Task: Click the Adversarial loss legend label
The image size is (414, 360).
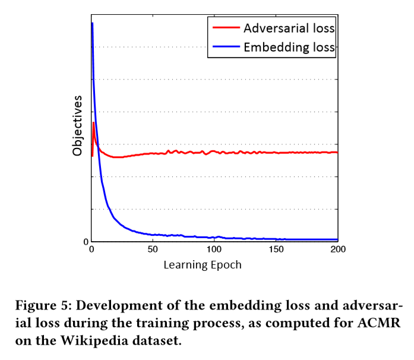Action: point(289,28)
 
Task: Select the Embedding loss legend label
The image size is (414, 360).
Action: point(289,48)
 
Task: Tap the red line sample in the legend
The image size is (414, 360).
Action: point(225,28)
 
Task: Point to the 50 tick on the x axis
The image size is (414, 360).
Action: point(153,250)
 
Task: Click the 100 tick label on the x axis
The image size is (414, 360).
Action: point(214,250)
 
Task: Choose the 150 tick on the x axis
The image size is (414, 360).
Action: point(276,250)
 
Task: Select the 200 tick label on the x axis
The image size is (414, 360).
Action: point(337,250)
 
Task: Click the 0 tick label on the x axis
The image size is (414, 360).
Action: point(91,250)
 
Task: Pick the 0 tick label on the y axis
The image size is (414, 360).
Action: point(86,242)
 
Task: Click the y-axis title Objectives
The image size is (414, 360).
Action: point(77,125)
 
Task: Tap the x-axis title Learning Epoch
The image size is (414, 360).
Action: point(203,265)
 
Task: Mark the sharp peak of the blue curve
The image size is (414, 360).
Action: point(92,23)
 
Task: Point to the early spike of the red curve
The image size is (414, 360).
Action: point(93,123)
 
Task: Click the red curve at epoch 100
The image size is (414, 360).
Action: point(214,152)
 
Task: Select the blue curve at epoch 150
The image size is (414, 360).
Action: point(276,239)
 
